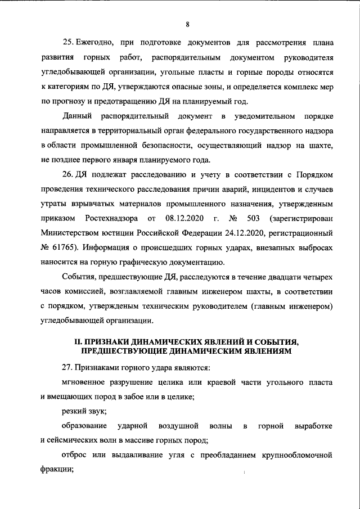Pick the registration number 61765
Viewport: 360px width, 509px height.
[x=62, y=248]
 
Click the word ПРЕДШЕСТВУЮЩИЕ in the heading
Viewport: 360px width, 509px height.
[x=125, y=350]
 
